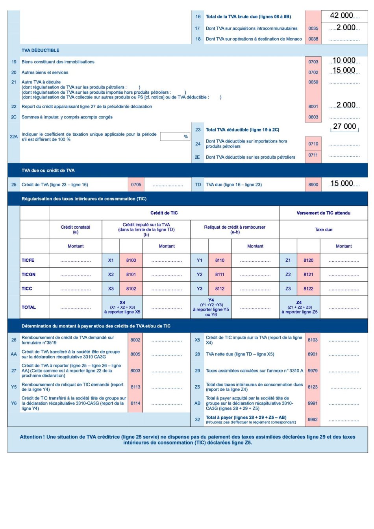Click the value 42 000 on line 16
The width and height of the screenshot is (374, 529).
[341, 15]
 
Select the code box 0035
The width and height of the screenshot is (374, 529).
[313, 28]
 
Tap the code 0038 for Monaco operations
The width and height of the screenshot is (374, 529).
[313, 39]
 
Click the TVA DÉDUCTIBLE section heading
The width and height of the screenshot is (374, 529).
[41, 50]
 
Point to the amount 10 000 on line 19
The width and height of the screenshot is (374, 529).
[344, 61]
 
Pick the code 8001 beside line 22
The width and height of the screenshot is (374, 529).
[313, 107]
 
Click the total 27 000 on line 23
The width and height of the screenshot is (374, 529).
[344, 126]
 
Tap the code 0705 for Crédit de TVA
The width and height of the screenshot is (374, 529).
[136, 185]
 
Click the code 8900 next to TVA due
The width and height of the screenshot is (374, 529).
[313, 185]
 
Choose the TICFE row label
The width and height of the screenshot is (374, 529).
[28, 261]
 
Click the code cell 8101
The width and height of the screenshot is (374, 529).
[131, 275]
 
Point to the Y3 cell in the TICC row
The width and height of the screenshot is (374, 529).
[200, 289]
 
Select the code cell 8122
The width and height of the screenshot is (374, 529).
[308, 289]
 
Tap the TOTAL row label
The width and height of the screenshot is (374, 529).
[29, 307]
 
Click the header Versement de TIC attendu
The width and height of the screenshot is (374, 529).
[323, 213]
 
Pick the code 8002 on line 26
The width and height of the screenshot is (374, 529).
[135, 340]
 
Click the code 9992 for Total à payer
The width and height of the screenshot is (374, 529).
[313, 420]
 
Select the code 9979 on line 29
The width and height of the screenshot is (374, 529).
[313, 371]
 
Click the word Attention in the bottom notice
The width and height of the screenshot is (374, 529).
[32, 437]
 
